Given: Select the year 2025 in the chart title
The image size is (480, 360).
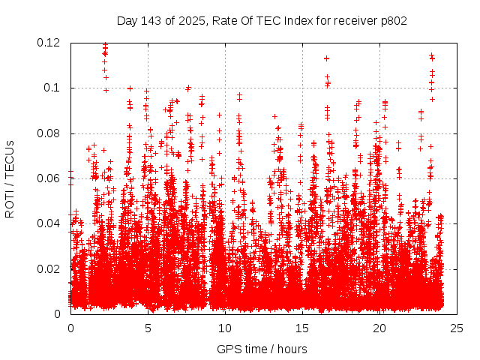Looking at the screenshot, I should (185, 21).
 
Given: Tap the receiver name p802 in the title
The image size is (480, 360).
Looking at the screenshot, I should (391, 21).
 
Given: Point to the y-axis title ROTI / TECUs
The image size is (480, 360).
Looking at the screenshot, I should (10, 178).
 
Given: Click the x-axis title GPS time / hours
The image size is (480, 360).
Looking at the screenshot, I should (262, 349).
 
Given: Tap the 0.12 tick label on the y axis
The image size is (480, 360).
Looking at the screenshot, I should (49, 43).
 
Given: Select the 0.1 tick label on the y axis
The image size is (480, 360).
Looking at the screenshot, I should (52, 88).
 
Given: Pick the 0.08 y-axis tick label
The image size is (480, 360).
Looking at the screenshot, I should (49, 133).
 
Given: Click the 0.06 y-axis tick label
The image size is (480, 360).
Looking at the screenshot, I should (49, 178).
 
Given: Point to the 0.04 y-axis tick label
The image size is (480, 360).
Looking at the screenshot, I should (49, 223).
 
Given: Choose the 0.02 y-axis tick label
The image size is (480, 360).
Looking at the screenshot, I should (49, 268).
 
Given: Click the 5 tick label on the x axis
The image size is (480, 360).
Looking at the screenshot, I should (148, 328).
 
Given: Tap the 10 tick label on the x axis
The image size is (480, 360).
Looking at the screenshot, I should (225, 328).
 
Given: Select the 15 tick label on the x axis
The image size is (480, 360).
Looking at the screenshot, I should (302, 328).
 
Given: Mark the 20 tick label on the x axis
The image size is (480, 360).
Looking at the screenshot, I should (379, 328).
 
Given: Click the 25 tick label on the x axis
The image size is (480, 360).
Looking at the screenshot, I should (457, 328).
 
